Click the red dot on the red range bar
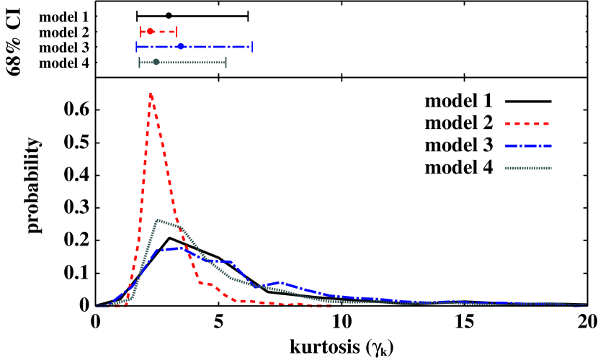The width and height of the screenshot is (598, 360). pos(150,32)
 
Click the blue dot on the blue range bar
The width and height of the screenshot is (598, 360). pos(181,47)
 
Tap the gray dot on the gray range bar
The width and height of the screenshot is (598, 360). pos(156,63)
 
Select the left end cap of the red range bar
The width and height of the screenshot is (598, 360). pos(141,32)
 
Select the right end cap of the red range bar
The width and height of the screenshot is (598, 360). pos(176,32)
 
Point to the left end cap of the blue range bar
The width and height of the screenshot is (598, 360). pos(137,47)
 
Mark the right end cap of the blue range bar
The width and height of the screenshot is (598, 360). pos(251,47)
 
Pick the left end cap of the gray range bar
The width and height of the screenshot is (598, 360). pos(140,63)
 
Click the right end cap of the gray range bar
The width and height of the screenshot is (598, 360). pos(226,63)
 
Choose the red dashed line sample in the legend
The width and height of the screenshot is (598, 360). pos(527,124)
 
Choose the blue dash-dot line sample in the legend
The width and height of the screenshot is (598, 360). pos(527,146)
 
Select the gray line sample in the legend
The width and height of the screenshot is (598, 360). pos(527,168)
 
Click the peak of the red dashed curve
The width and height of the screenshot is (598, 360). pos(150,93)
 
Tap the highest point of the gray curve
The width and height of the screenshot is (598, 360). pos(157,220)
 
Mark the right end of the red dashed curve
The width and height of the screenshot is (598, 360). pos(331,306)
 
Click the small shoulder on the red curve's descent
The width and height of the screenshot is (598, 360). pos(210,284)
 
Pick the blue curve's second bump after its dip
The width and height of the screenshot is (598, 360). pos(280,282)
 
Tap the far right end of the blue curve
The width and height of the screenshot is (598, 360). pos(584,305)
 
